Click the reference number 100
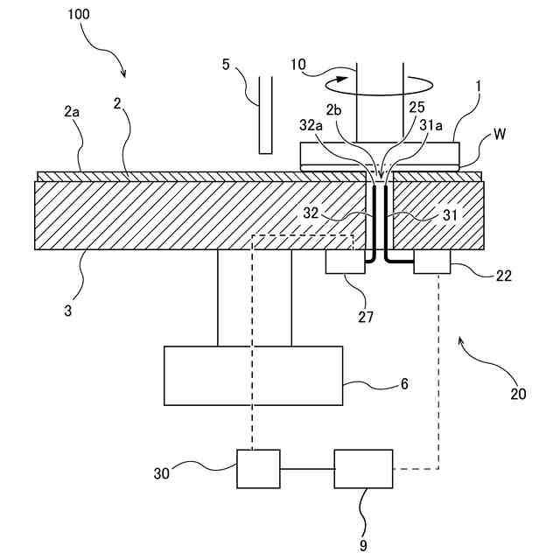tap(79, 14)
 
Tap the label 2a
tap(72, 112)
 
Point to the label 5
tap(226, 65)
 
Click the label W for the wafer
tap(500, 134)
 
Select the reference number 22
tap(504, 276)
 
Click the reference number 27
tap(366, 317)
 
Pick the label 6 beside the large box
tap(404, 383)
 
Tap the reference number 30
tap(161, 473)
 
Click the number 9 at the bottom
tap(363, 545)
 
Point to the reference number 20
tap(518, 394)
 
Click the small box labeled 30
tap(259, 469)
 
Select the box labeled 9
tap(364, 469)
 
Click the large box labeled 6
tap(254, 375)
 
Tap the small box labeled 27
tap(346, 262)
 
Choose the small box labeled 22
tap(432, 262)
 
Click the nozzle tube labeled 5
tap(265, 115)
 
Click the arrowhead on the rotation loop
tap(342, 79)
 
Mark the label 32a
tap(311, 125)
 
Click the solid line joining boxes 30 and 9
tap(307, 469)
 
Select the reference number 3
tap(68, 311)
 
